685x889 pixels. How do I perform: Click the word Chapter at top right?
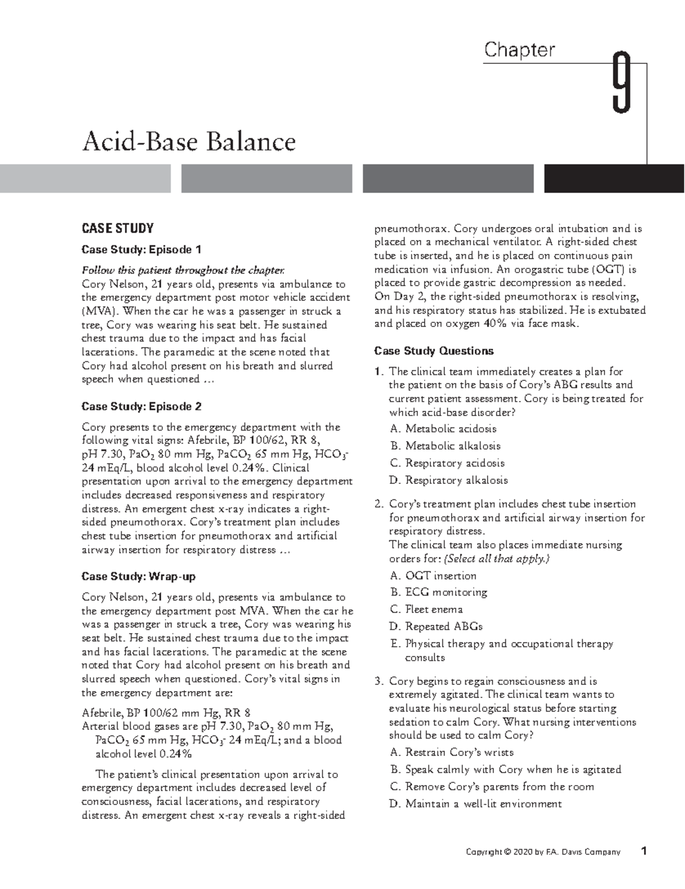pyautogui.click(x=519, y=50)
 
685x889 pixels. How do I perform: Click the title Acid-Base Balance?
pyautogui.click(x=189, y=141)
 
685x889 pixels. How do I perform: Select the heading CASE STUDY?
pyautogui.click(x=118, y=229)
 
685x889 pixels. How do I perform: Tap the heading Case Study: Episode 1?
pyautogui.click(x=142, y=249)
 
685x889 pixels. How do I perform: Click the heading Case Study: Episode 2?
pyautogui.click(x=142, y=406)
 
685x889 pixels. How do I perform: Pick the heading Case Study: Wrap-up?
pyautogui.click(x=139, y=576)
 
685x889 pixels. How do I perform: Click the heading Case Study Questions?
pyautogui.click(x=433, y=351)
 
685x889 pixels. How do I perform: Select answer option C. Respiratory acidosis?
pyautogui.click(x=448, y=463)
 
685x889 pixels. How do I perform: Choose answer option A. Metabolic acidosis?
pyautogui.click(x=443, y=429)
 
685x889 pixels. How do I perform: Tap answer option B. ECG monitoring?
pyautogui.click(x=438, y=592)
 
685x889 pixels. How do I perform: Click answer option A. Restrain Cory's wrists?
pyautogui.click(x=452, y=752)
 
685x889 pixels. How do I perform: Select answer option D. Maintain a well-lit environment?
pyautogui.click(x=476, y=803)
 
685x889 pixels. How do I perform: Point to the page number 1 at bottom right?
pyautogui.click(x=644, y=851)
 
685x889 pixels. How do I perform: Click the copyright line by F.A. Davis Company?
pyautogui.click(x=543, y=852)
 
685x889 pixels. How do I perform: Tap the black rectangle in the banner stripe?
pyautogui.click(x=614, y=179)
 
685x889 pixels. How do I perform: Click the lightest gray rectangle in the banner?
pyautogui.click(x=85, y=179)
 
